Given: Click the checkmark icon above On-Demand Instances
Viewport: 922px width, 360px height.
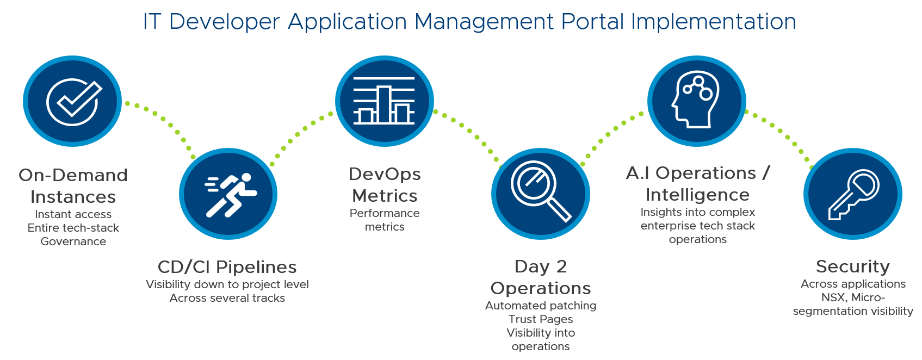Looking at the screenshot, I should click(73, 101).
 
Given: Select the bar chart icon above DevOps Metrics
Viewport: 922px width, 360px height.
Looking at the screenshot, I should click(384, 101).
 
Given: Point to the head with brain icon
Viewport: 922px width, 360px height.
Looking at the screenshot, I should click(696, 101).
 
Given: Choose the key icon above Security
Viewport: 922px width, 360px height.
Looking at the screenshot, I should click(852, 194).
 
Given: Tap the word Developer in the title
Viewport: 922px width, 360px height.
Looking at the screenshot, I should click(225, 22).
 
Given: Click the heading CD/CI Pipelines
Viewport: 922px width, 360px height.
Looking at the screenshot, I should click(227, 267).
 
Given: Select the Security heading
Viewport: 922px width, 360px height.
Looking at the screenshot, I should click(852, 266).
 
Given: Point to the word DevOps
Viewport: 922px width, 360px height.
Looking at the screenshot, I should click(385, 174).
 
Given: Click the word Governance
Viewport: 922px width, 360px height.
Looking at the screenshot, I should click(73, 241).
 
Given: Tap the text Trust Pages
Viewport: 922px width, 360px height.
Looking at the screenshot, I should click(541, 319).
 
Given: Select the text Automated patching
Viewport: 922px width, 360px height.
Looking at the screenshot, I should click(541, 306).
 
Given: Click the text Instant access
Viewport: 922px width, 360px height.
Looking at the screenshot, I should click(73, 214).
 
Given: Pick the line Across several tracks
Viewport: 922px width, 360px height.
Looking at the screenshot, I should click(227, 298).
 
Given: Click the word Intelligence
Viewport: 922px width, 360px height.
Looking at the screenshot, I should click(697, 195).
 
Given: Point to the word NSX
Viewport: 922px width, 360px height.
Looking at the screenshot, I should click(834, 297).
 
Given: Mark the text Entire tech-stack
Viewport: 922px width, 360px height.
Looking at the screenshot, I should click(73, 228).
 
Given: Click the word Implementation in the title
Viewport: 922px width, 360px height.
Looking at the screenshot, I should click(714, 22).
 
